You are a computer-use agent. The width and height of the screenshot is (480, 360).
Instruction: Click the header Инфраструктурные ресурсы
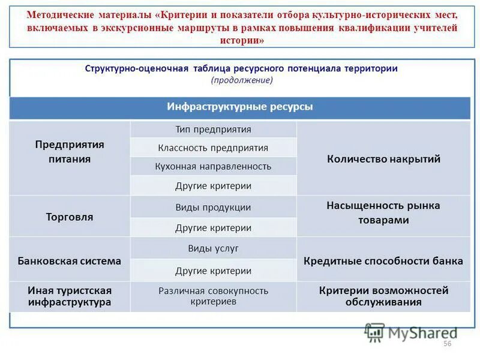click(x=239, y=107)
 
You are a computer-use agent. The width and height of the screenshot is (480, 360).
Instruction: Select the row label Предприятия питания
click(x=70, y=152)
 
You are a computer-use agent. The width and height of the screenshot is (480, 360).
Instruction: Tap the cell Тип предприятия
click(x=213, y=129)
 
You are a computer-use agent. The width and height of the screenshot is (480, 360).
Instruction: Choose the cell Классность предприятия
click(x=213, y=148)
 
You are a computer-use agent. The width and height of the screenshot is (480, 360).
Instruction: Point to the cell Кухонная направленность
click(x=213, y=166)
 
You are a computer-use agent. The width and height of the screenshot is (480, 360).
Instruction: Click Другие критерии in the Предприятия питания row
click(x=213, y=185)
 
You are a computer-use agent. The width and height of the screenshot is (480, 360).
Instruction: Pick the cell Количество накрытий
click(x=383, y=159)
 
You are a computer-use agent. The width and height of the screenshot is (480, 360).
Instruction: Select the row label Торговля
click(x=70, y=217)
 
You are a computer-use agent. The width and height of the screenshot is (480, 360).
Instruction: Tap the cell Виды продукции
click(x=213, y=207)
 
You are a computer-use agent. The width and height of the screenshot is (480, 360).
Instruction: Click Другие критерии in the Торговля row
click(x=213, y=227)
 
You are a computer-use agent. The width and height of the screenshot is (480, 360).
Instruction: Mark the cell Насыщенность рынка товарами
click(x=383, y=212)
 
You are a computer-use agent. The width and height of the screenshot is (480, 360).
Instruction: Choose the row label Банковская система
click(x=70, y=261)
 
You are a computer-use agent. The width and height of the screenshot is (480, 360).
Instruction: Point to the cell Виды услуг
click(x=213, y=248)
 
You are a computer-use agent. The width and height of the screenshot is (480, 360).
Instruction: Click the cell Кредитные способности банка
click(x=383, y=261)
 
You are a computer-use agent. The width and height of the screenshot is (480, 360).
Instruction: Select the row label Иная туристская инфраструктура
click(x=70, y=296)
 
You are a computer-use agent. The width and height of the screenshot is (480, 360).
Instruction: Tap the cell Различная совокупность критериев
click(x=213, y=296)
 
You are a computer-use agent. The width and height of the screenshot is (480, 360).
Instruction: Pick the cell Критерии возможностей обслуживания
click(x=383, y=296)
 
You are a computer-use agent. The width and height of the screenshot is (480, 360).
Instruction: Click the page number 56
click(x=447, y=343)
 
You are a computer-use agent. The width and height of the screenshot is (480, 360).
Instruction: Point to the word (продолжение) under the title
click(x=241, y=80)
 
